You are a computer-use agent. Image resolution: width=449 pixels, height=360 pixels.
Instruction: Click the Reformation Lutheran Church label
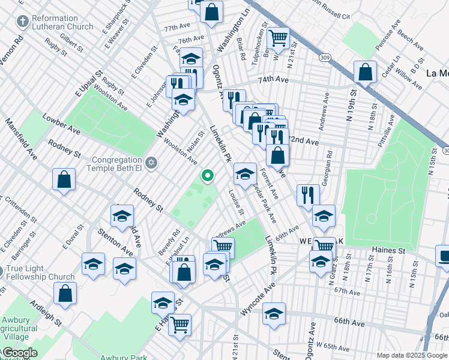point(62,23)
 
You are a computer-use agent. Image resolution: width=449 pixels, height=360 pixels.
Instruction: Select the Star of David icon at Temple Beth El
point(151,161)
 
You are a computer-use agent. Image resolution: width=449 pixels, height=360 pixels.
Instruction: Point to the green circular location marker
point(208,175)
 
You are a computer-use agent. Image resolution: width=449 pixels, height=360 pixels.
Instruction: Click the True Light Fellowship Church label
point(44,272)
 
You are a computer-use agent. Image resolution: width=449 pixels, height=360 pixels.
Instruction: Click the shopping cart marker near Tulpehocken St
point(277,38)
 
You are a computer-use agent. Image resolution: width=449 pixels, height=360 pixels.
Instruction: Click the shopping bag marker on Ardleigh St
point(65,293)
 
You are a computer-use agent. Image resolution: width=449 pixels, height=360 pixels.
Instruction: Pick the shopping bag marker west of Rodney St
point(64,179)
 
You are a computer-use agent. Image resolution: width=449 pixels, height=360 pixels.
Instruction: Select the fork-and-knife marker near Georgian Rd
point(307,194)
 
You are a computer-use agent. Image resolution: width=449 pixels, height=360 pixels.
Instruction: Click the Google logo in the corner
point(20,353)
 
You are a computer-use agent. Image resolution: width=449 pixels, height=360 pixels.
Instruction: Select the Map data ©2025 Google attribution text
point(411,355)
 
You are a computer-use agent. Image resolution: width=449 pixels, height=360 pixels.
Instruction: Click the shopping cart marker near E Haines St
point(179,325)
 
